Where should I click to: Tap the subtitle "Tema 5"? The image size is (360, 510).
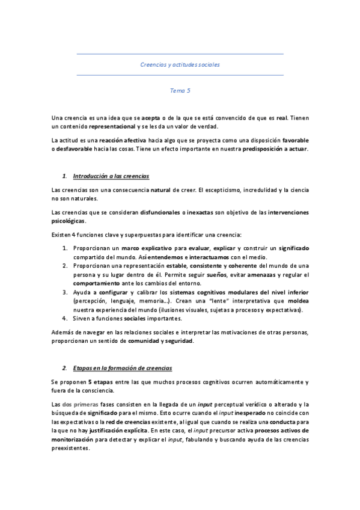[x=180, y=91]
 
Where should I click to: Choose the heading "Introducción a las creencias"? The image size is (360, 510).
[x=111, y=176]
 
